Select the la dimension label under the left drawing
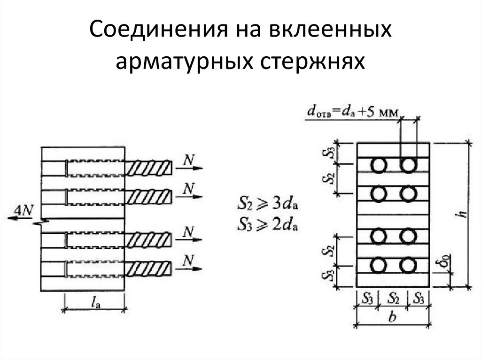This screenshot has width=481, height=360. coord(95,304)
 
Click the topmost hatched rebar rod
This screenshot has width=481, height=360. coord(149,168)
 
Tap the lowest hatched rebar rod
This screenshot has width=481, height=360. coord(149,269)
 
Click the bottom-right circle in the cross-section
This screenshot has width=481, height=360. coord(408,266)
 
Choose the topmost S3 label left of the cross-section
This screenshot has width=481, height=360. coord(331,153)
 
